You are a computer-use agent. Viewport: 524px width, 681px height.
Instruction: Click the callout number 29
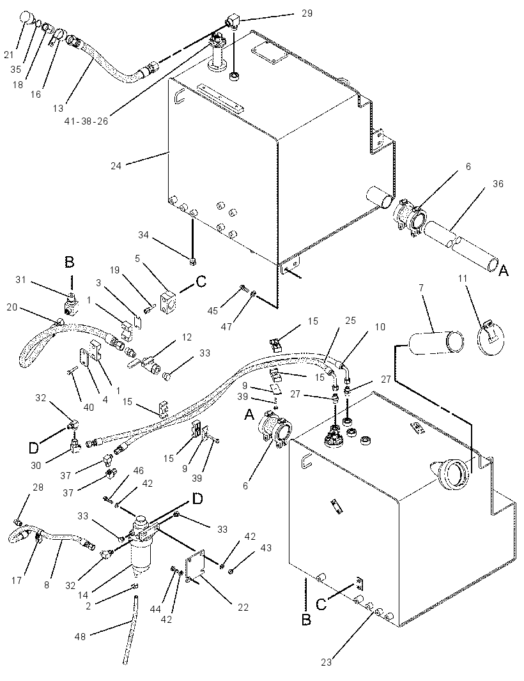(307, 13)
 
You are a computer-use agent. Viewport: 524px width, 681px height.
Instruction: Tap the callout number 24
(116, 165)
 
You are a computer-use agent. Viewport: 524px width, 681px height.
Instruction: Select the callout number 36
(498, 184)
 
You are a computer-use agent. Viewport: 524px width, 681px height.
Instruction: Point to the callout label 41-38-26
(86, 121)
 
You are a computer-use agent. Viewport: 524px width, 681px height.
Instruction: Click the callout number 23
(327, 662)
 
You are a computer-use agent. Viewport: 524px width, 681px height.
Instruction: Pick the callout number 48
(81, 636)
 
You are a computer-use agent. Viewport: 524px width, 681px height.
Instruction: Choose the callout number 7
(421, 288)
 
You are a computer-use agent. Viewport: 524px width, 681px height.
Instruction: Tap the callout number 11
(462, 278)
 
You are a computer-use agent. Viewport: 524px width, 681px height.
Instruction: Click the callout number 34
(143, 235)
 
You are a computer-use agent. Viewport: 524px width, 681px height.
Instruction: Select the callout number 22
(243, 607)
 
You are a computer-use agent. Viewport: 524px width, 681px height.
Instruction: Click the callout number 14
(82, 595)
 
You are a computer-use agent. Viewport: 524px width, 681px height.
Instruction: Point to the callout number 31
(21, 280)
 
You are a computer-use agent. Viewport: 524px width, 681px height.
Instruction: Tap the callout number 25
(350, 321)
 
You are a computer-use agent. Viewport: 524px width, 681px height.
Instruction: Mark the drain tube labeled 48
(131, 629)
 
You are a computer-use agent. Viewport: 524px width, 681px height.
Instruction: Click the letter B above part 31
(70, 263)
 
